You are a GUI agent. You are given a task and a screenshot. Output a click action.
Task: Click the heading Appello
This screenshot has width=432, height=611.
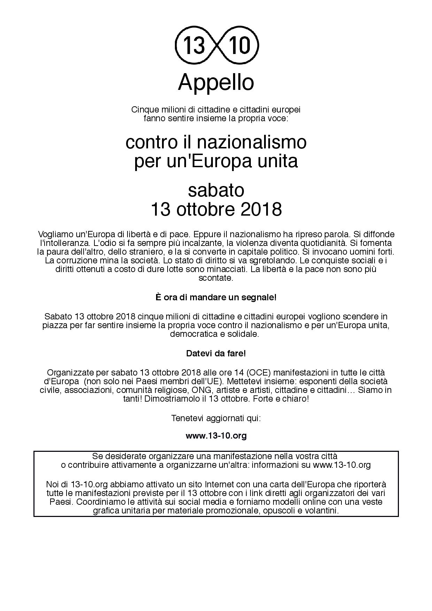216,83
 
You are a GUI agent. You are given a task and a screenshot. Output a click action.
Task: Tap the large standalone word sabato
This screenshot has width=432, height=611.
216,190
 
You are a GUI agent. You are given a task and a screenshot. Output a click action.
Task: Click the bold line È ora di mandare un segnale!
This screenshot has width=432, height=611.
216,297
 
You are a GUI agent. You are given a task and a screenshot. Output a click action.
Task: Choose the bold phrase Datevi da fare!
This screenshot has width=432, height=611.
216,353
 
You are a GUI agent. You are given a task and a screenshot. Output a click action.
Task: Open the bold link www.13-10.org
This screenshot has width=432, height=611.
216,435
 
